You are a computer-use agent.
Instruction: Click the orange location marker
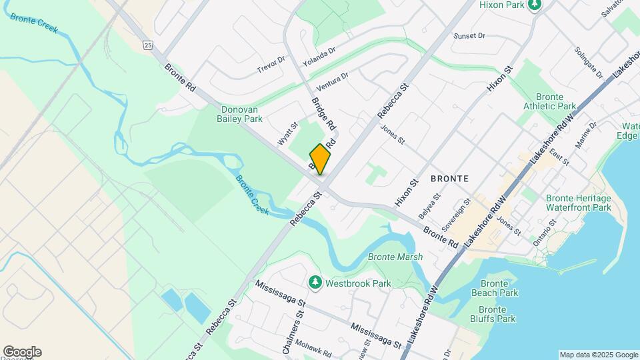coord(320,159)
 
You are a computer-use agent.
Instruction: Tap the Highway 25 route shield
coord(148,45)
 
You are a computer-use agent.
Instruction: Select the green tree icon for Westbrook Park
coord(315,283)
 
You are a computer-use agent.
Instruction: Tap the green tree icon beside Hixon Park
coord(534,5)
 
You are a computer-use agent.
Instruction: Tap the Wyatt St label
coord(288,132)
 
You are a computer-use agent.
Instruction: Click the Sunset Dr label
coord(469,35)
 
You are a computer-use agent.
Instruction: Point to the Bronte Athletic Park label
coord(550,101)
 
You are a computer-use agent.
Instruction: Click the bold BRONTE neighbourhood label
coord(449,179)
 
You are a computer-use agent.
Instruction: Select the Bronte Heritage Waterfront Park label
coord(578,203)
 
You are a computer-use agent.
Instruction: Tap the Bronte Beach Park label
coord(494,287)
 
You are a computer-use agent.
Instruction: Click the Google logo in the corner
coord(21,352)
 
